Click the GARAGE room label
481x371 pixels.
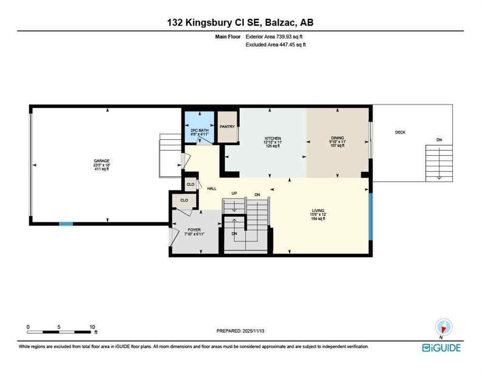[102, 161]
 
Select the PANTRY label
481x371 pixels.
[227, 127]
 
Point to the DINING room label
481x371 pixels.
[337, 138]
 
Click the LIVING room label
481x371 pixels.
[318, 211]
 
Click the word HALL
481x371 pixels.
[211, 188]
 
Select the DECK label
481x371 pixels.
[400, 132]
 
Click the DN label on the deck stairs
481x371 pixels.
[439, 140]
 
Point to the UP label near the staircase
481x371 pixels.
[234, 193]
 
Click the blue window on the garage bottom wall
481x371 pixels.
[66, 224]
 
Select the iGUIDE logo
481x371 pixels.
[441, 347]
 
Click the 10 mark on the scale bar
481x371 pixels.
[92, 327]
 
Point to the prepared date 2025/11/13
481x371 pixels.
[240, 331]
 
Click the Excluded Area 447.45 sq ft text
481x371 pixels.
[276, 44]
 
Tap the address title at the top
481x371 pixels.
[240, 23]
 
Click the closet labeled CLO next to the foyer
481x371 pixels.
[184, 200]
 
